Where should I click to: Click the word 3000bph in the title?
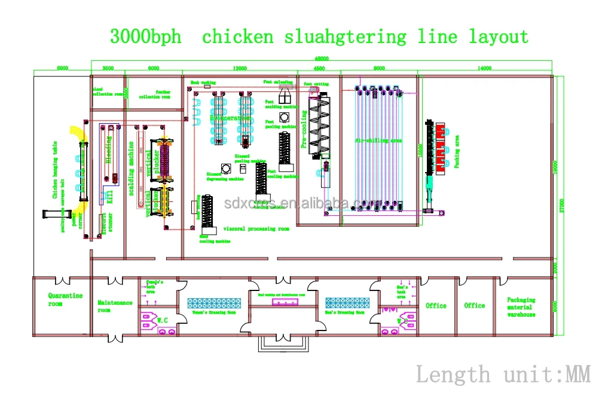coord(145,37)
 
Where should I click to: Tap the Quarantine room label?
coord(65,299)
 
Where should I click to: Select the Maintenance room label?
coord(115,306)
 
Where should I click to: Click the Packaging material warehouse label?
coord(521,307)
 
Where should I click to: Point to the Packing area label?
coord(457,151)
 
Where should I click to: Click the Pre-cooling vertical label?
coord(304,132)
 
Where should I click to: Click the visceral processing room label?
coord(256,229)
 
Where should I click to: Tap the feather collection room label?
coord(154,94)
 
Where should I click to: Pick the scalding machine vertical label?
coord(132,168)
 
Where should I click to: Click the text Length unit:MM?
coord(503,375)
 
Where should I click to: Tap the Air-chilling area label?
coord(378,140)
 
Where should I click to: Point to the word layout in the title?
coord(498,37)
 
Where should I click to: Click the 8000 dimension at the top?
coord(379,69)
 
